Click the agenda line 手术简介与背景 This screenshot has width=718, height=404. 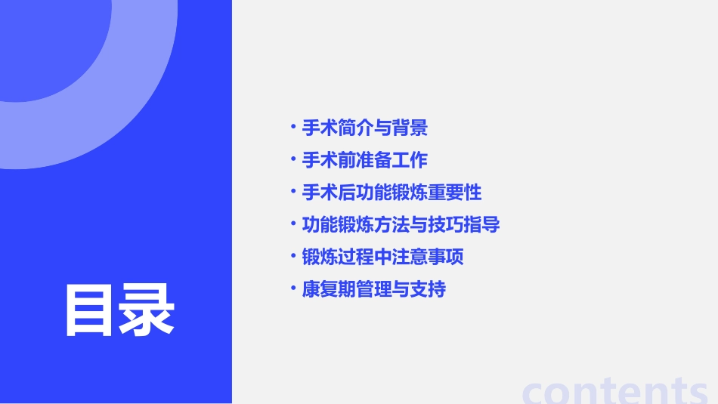pos(365,128)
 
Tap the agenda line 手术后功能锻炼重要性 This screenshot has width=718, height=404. pos(391,193)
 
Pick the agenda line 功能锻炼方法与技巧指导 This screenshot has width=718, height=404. pos(401,224)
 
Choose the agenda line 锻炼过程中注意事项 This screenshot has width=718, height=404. pos(382,257)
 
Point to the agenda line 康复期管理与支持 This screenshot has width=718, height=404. pos(374,288)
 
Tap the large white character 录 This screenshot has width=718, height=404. pos(147,310)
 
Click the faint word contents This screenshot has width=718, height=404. pos(615,390)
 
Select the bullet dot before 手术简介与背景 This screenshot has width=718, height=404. pos(293,127)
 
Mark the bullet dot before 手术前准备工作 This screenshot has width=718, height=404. pos(293,159)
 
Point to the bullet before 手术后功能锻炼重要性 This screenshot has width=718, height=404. pos(293,192)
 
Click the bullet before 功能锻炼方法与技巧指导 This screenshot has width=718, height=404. pos(293,224)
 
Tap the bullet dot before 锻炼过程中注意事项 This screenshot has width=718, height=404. pos(293,256)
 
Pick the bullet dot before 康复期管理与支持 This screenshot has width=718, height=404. pos(293,288)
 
